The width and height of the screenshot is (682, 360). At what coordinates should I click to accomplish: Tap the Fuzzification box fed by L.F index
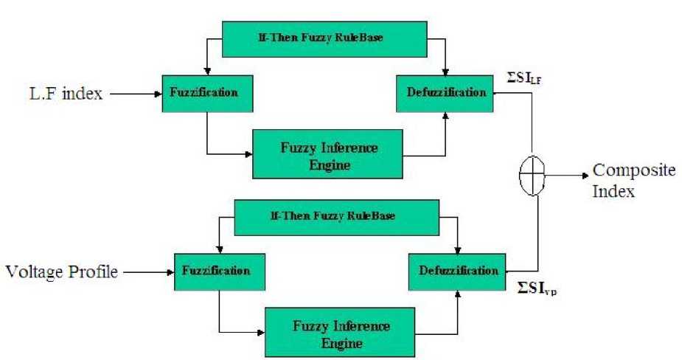coord(206,94)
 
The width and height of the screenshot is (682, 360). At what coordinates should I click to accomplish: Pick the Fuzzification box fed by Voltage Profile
coord(219,271)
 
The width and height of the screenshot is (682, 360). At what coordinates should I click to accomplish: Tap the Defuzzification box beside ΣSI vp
coord(458,271)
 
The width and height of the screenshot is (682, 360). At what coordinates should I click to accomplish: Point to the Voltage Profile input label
coord(62,271)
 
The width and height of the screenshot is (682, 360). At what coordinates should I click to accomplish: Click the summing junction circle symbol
coord(532,176)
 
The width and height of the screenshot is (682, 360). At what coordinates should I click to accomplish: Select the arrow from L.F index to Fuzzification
coord(133,94)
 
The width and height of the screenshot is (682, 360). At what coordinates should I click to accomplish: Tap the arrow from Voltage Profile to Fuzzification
coord(147,272)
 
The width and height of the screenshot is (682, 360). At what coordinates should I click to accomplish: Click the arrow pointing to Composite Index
coord(568,176)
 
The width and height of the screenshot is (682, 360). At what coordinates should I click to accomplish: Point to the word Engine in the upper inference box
coord(329,165)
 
